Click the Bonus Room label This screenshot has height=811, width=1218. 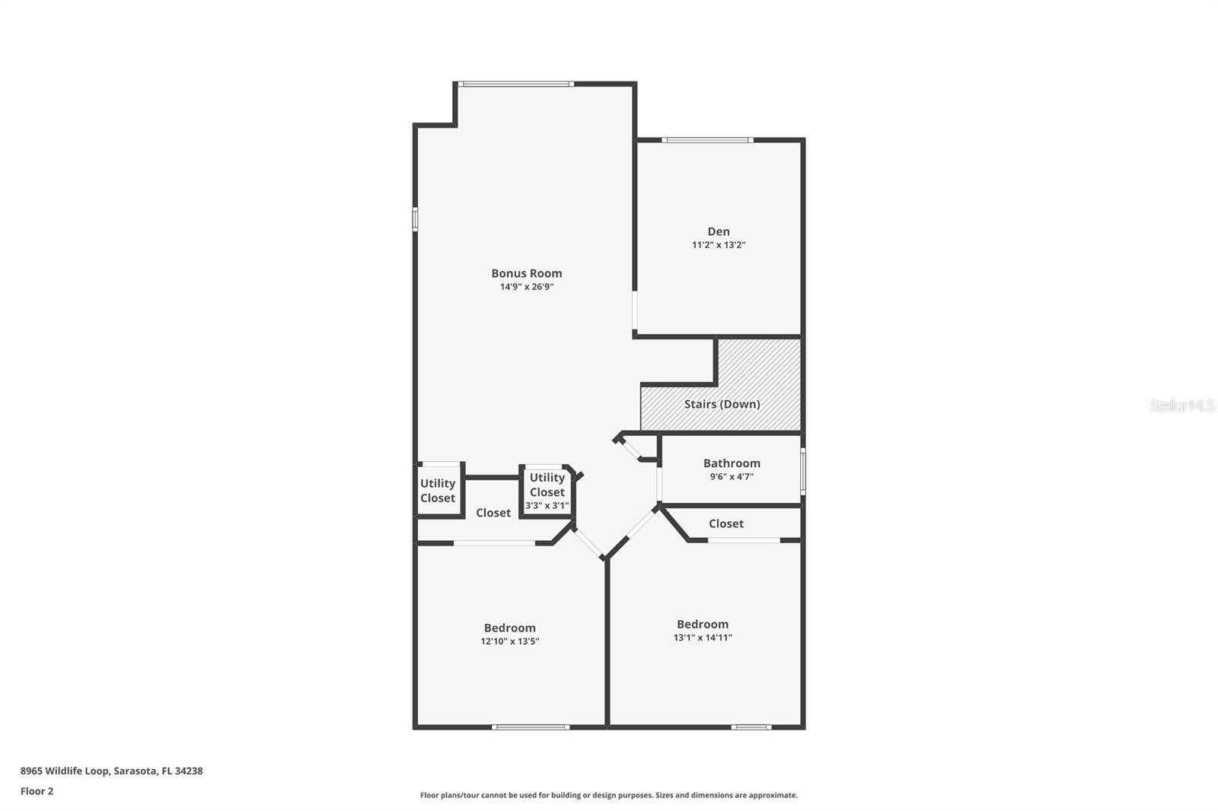[x=526, y=273]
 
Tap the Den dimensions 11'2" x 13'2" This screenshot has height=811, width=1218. [x=718, y=245]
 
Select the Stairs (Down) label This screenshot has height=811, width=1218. [x=722, y=404]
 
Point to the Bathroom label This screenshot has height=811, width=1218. [x=732, y=463]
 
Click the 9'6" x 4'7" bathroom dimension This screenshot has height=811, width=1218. [x=732, y=477]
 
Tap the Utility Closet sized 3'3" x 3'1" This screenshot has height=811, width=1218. [x=547, y=491]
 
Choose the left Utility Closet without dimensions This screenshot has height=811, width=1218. [x=438, y=491]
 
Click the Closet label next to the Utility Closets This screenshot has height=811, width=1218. [x=493, y=513]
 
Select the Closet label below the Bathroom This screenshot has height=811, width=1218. [x=725, y=523]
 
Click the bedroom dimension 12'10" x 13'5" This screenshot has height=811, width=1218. [x=509, y=641]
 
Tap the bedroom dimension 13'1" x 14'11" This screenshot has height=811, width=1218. [x=702, y=638]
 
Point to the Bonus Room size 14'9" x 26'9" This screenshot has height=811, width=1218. [x=526, y=287]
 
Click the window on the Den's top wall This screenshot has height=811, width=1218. [x=707, y=140]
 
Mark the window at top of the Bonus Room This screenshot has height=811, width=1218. [x=515, y=84]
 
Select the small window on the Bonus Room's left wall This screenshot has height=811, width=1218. [x=415, y=218]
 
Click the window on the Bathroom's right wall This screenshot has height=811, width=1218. [x=803, y=472]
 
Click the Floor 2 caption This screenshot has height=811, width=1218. [x=37, y=791]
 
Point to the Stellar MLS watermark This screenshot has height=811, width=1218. [x=1181, y=405]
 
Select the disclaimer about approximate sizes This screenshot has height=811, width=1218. [x=609, y=795]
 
